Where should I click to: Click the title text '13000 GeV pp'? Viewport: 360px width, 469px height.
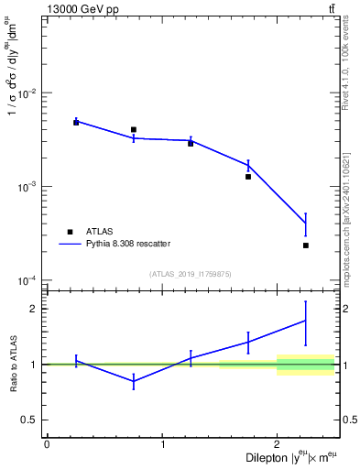(x=77, y=8)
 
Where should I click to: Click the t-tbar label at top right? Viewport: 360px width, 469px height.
(x=331, y=8)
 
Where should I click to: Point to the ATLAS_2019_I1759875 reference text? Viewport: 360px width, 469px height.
(x=191, y=273)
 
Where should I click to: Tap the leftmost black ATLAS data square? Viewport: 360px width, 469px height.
(x=76, y=122)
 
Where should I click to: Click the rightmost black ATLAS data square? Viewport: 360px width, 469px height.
(x=306, y=245)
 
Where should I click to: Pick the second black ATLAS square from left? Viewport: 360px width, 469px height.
(x=134, y=129)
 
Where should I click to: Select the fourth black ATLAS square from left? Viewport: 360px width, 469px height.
(x=248, y=176)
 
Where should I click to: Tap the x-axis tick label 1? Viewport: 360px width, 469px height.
(x=162, y=444)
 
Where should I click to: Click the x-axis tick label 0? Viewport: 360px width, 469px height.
(x=47, y=444)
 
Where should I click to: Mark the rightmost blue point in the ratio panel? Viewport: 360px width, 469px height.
(x=306, y=320)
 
